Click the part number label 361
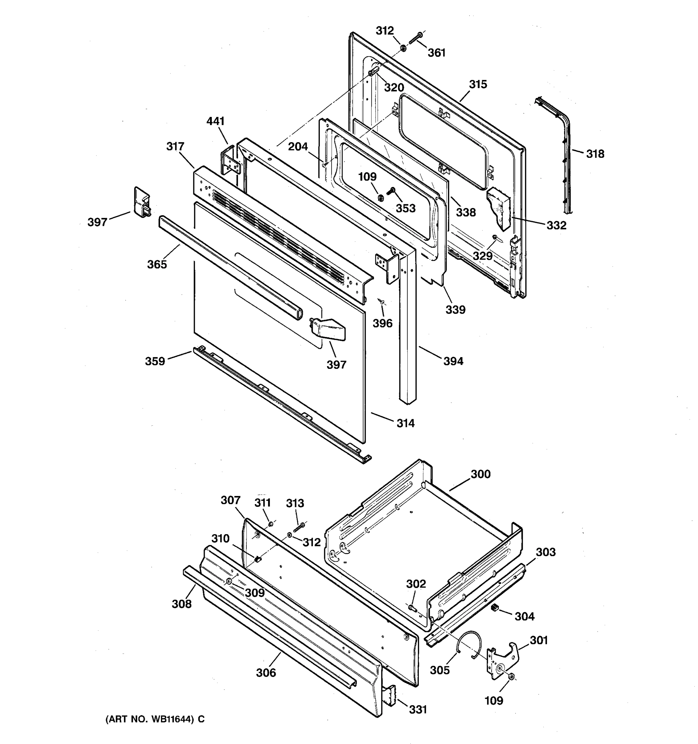(x=436, y=53)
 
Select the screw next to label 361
(x=415, y=38)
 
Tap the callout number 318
(x=595, y=154)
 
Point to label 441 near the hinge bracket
(x=215, y=121)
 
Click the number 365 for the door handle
(x=157, y=265)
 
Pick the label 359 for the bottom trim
(x=155, y=361)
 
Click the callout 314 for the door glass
(x=405, y=423)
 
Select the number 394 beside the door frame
(x=453, y=361)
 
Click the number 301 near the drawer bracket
(x=539, y=640)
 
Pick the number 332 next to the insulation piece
(x=556, y=225)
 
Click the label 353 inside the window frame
(x=405, y=208)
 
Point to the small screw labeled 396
(x=381, y=301)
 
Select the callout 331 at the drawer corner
(x=418, y=710)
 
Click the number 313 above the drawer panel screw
(x=295, y=503)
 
